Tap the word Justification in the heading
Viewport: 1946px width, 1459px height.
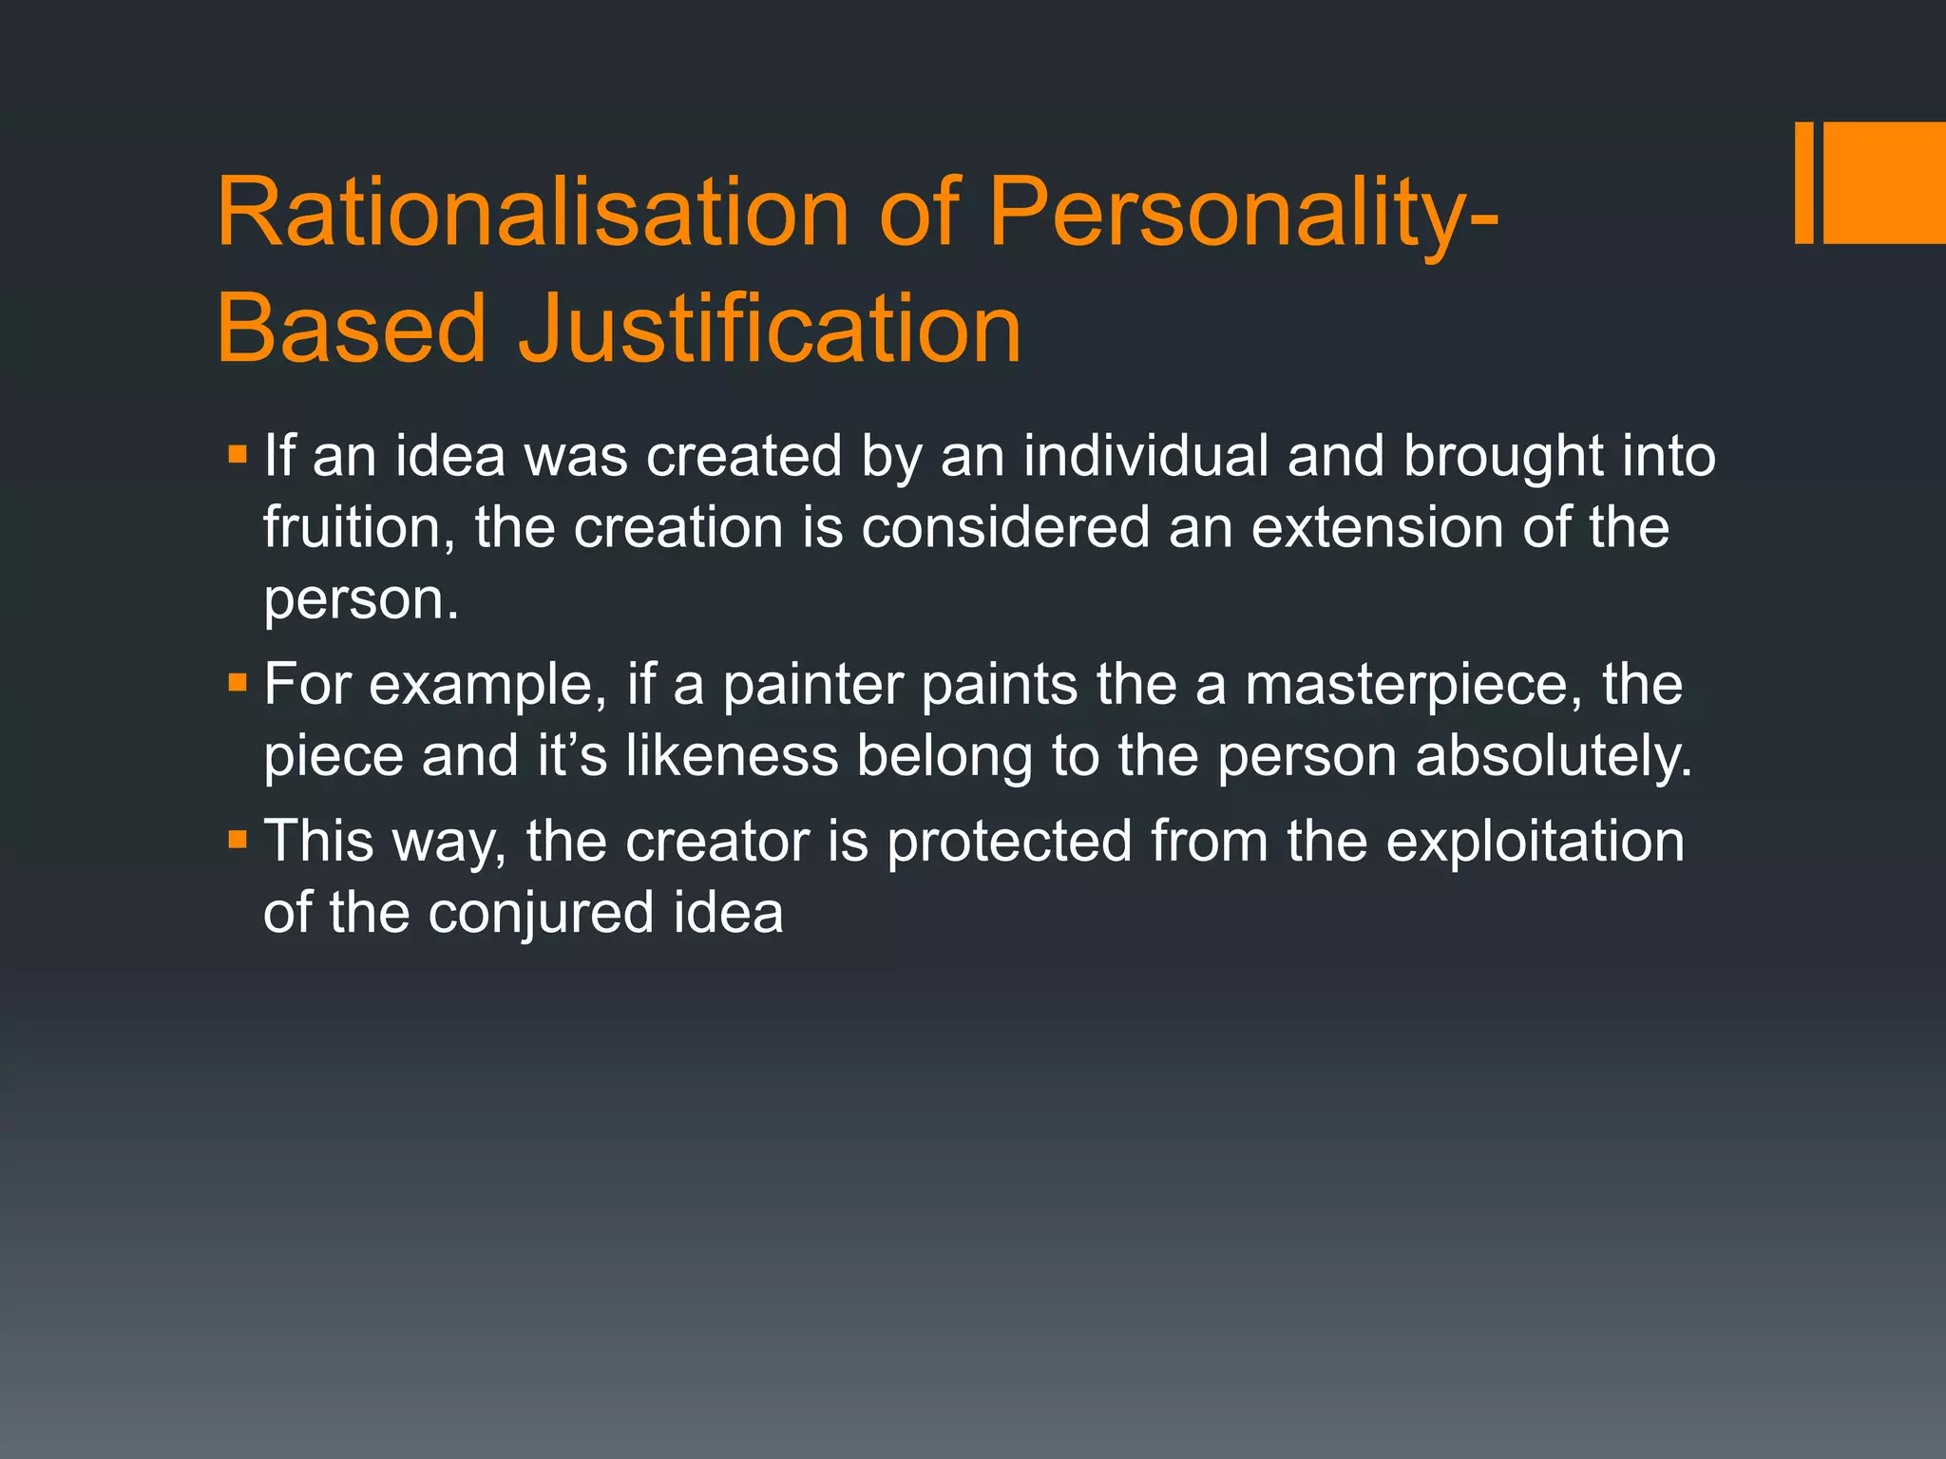(770, 329)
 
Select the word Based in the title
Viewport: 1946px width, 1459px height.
(352, 329)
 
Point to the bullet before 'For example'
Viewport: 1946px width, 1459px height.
(238, 681)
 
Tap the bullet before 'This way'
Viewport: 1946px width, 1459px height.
(238, 839)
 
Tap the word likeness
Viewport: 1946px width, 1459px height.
(732, 756)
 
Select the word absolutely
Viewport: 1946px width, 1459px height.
(1554, 756)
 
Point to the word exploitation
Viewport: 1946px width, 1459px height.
(1535, 843)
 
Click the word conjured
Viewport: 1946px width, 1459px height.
(541, 914)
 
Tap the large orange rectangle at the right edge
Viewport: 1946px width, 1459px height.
(1885, 182)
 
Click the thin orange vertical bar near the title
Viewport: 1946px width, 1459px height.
(1803, 182)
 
